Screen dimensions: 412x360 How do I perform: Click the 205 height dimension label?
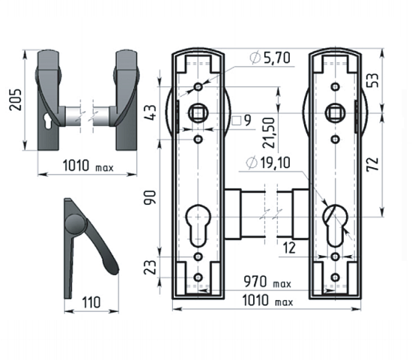pyautogui.click(x=16, y=100)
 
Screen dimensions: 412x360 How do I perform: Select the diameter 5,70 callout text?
pyautogui.click(x=270, y=58)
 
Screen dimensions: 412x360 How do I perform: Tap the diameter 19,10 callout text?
pyautogui.click(x=268, y=163)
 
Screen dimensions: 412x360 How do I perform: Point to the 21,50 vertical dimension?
pyautogui.click(x=268, y=133)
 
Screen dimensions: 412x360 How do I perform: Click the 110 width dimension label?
pyautogui.click(x=91, y=302)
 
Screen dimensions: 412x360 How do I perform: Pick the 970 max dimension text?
pyautogui.click(x=267, y=282)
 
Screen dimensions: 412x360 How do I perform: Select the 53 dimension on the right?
pyautogui.click(x=373, y=80)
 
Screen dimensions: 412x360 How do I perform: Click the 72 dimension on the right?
pyautogui.click(x=373, y=164)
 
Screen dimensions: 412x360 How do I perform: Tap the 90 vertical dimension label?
pyautogui.click(x=150, y=198)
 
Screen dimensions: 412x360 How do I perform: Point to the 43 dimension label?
pyautogui.click(x=151, y=112)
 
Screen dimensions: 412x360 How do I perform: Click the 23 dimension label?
pyautogui.click(x=151, y=267)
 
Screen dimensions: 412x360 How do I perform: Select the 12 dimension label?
pyautogui.click(x=289, y=248)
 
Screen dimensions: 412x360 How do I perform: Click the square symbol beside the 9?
pyautogui.click(x=237, y=121)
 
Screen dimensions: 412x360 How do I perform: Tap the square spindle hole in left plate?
pyautogui.click(x=198, y=113)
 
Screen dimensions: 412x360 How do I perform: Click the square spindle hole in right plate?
pyautogui.click(x=335, y=113)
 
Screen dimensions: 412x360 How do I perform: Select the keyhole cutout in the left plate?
pyautogui.click(x=199, y=225)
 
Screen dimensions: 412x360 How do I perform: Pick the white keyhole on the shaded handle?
pyautogui.click(x=48, y=121)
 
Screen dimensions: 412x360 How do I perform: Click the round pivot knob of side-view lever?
pyautogui.click(x=76, y=224)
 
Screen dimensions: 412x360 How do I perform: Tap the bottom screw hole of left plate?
pyautogui.click(x=198, y=277)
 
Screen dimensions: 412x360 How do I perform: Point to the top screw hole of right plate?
pyautogui.click(x=335, y=86)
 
